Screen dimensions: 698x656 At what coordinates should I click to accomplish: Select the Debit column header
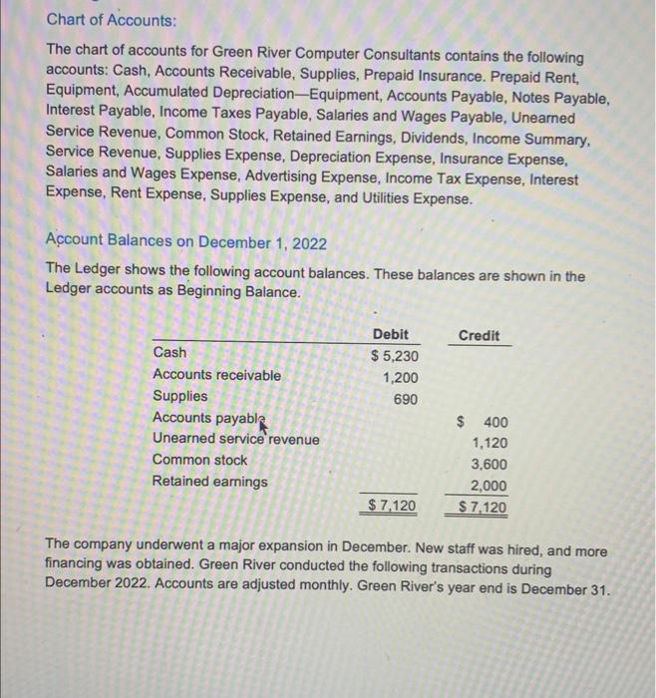tap(390, 334)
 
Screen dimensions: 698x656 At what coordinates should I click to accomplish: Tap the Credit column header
tap(480, 335)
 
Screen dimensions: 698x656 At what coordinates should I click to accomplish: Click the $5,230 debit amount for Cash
tap(395, 356)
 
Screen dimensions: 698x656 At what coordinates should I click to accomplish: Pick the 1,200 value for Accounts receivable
tap(401, 378)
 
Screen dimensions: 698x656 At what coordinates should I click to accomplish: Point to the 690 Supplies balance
tap(406, 399)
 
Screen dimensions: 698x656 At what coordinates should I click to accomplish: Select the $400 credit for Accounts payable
tap(483, 422)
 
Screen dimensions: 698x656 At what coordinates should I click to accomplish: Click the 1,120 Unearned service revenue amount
tap(489, 443)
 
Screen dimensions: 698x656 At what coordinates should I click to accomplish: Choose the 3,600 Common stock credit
tap(489, 465)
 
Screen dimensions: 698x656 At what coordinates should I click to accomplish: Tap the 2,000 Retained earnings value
tap(489, 486)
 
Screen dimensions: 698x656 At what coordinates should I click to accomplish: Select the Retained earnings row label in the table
tap(209, 482)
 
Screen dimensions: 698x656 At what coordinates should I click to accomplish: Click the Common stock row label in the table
tap(199, 460)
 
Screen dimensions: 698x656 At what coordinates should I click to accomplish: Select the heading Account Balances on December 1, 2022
tap(185, 242)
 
